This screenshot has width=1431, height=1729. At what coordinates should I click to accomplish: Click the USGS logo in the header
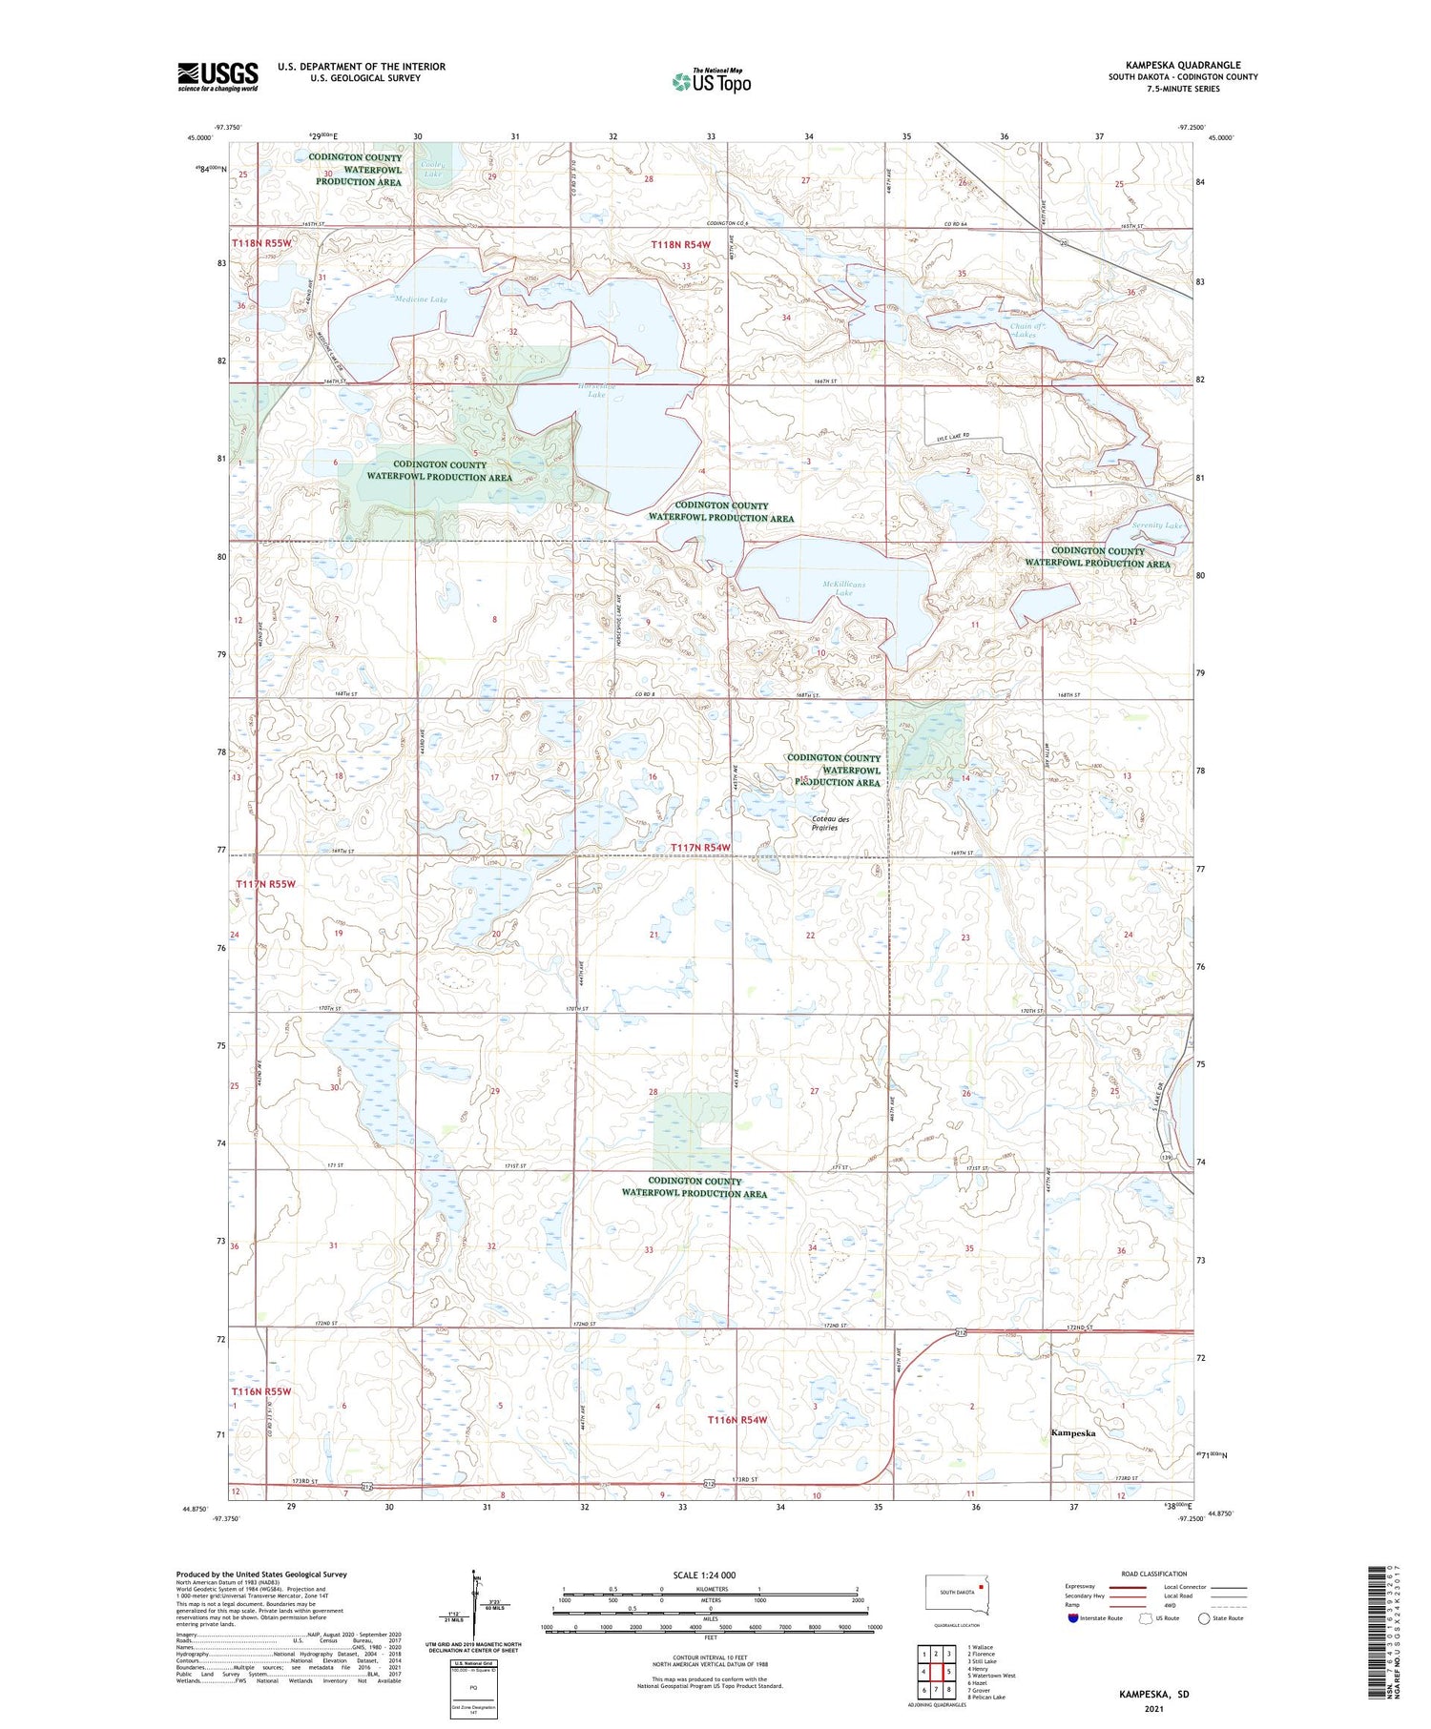(x=218, y=76)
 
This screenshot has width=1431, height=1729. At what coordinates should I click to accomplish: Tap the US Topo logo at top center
(x=711, y=81)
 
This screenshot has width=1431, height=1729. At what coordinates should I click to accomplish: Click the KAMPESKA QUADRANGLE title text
(x=1182, y=65)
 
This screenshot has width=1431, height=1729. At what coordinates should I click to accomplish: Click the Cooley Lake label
(x=433, y=170)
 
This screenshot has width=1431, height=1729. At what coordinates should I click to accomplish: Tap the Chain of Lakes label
(x=1027, y=330)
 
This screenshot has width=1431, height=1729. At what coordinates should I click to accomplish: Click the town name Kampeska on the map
(x=1072, y=1432)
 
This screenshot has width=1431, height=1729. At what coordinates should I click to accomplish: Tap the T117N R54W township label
(x=699, y=848)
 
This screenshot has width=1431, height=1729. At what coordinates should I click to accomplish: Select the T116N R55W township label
(x=261, y=1391)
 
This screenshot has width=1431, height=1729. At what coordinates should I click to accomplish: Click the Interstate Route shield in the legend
(x=1073, y=1618)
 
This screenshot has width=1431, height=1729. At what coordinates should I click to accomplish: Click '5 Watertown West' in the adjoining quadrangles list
(x=991, y=1676)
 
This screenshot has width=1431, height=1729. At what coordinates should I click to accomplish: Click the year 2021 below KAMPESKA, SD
(x=1154, y=1709)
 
